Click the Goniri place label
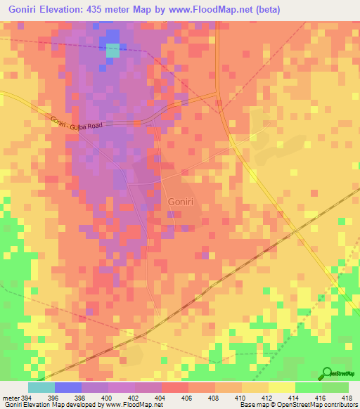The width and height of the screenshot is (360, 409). (181, 202)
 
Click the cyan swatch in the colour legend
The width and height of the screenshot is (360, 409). (41, 387)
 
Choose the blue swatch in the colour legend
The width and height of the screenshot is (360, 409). (67, 387)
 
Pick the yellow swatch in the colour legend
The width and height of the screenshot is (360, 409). (281, 387)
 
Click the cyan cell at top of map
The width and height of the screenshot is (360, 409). (113, 50)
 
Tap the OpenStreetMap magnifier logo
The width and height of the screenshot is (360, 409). (328, 373)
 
